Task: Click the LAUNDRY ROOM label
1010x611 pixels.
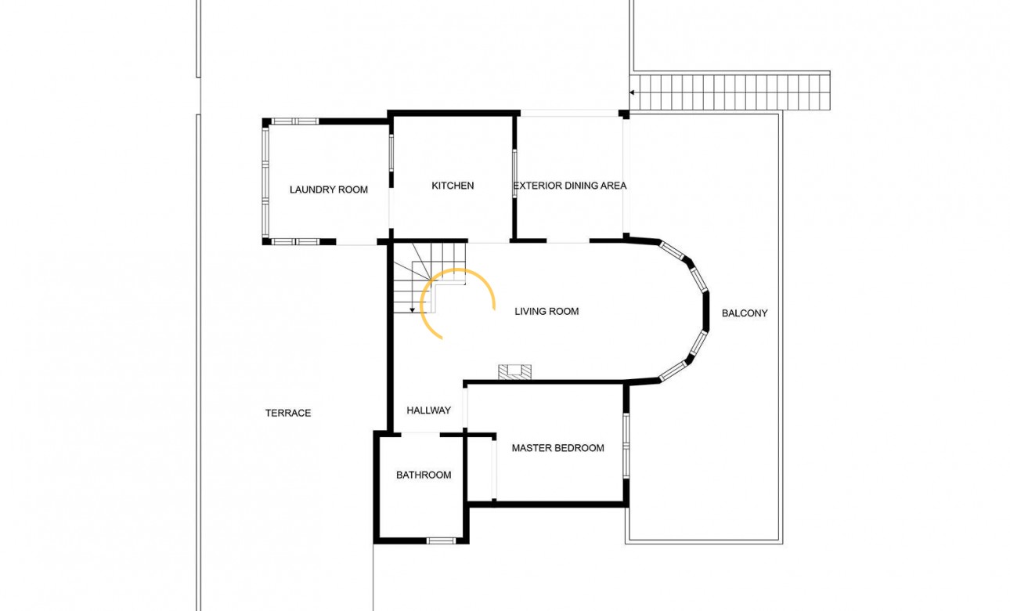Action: (x=329, y=190)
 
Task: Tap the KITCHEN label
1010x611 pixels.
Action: (x=453, y=186)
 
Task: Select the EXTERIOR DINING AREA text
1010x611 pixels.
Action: (x=570, y=186)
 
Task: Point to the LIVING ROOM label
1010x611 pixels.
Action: (x=547, y=311)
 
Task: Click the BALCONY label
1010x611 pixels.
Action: (x=745, y=313)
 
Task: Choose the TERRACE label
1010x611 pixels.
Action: (x=288, y=413)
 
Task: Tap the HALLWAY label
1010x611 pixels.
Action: (x=429, y=410)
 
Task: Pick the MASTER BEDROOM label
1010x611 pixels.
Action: (x=557, y=448)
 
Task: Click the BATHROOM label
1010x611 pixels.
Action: (x=424, y=475)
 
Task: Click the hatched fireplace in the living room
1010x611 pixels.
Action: (x=514, y=372)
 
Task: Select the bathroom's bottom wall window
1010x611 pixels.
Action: (x=441, y=540)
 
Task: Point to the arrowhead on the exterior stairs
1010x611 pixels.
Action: (x=632, y=92)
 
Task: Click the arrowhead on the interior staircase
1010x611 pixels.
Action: (x=412, y=310)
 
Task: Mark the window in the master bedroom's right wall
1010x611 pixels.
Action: (x=626, y=446)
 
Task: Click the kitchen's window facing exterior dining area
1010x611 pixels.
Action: (x=514, y=174)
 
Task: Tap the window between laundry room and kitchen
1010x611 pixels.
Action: (x=391, y=153)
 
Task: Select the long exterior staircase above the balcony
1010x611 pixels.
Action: (x=730, y=92)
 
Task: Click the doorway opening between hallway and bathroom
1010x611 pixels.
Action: (x=420, y=435)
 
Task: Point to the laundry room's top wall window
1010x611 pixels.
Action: (x=295, y=121)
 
